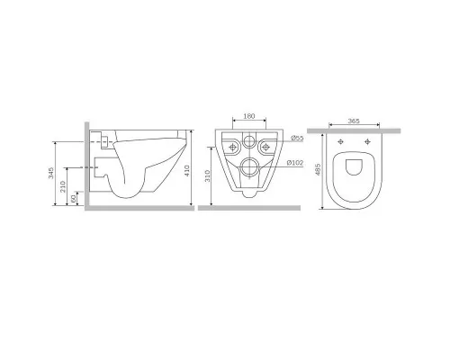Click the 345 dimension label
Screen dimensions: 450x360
coord(51,173)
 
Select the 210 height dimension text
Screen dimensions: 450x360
coord(63,186)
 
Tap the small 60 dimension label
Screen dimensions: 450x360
coord(73,199)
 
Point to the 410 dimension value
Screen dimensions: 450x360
coord(187,171)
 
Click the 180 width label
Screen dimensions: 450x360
coord(249,116)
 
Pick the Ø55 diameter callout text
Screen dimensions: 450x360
coord(297,139)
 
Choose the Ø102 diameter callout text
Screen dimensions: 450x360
coord(295,163)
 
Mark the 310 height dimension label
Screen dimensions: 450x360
coord(208,175)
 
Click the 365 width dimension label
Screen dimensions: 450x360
coord(354,121)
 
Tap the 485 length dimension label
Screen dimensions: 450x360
coord(318,169)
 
